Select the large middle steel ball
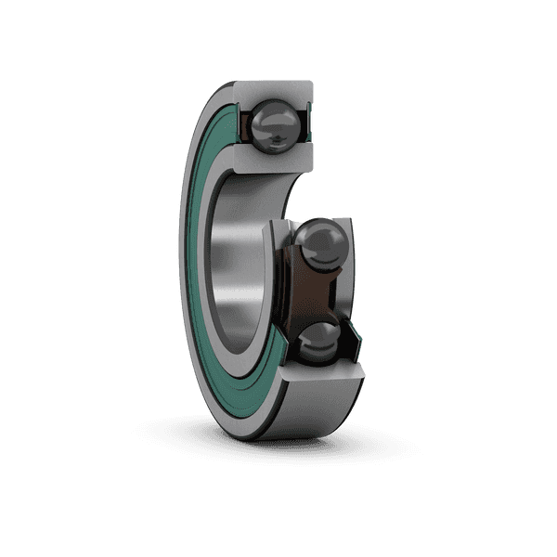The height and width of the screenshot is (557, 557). click(321, 247)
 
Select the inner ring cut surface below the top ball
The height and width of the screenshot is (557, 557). click(275, 160)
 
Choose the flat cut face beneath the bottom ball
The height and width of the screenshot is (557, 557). click(321, 373)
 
